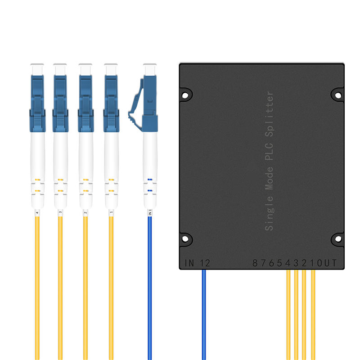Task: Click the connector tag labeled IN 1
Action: pos(150,212)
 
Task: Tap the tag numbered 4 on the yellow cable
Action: pos(37,213)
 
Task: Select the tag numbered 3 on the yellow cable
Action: pos(60,213)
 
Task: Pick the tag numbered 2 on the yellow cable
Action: pos(85,213)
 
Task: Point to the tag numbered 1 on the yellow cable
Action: pos(111,213)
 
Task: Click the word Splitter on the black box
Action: pos(269,114)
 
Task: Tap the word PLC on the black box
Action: pos(269,152)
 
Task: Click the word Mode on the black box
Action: pos(269,178)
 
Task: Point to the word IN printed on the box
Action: pos(189,263)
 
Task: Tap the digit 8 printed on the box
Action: pos(255,263)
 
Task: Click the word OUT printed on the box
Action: pos(327,263)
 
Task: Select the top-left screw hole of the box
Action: pos(185,95)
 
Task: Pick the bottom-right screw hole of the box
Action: pos(338,239)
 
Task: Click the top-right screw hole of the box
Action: pos(338,95)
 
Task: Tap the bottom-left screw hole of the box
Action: pos(185,239)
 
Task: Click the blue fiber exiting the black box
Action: pos(204,315)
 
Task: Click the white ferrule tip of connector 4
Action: pos(37,70)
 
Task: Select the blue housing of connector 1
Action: pos(111,104)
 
